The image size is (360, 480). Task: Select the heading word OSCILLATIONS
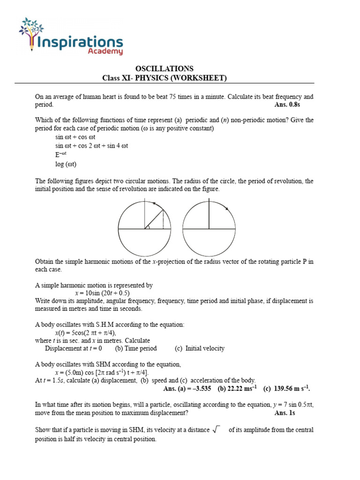(x=164, y=68)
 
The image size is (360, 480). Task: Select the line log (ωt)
(x=66, y=164)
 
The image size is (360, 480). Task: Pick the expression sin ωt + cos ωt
(x=75, y=137)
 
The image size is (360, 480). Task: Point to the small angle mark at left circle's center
(x=148, y=227)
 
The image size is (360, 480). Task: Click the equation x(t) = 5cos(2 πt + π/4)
(x=86, y=332)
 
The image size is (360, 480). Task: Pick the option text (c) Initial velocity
(x=200, y=348)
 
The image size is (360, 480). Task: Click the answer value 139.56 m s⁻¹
(x=287, y=389)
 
